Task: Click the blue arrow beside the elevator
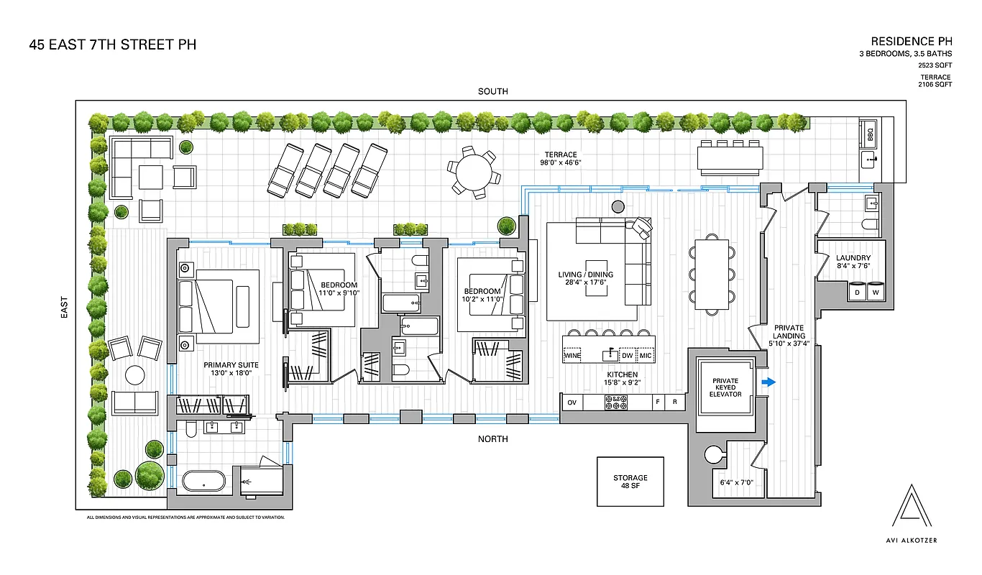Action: click(x=768, y=382)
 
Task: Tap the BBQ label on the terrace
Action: click(x=870, y=134)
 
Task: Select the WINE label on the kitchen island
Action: click(x=572, y=356)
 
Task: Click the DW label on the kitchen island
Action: click(x=627, y=356)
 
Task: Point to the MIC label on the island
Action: click(x=646, y=356)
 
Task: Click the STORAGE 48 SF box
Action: click(x=630, y=482)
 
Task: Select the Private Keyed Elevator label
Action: click(x=725, y=387)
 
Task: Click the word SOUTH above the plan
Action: click(x=492, y=91)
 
